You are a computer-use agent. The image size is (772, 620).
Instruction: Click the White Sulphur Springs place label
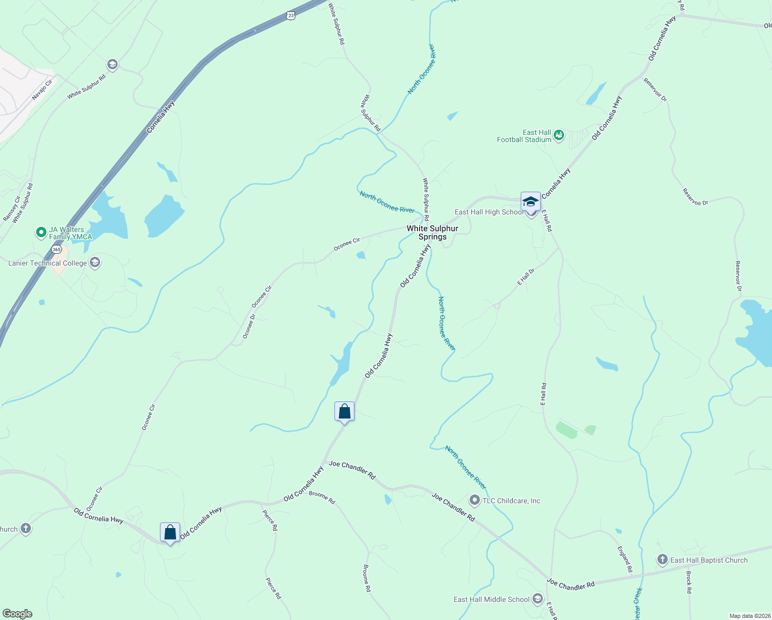(432, 233)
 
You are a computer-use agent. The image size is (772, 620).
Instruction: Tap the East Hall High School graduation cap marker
(530, 202)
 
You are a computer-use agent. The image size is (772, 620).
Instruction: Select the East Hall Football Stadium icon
(558, 136)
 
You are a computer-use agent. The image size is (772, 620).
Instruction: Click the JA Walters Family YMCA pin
(41, 233)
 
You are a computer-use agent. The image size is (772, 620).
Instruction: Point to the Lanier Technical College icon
(94, 262)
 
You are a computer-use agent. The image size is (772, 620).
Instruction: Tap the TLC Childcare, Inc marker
(474, 500)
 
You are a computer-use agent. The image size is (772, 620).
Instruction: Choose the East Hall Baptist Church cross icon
(662, 560)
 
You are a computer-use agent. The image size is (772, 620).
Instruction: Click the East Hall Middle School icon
(538, 599)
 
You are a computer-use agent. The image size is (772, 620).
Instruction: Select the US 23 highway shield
(291, 16)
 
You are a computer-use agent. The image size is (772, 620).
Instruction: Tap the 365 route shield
(56, 250)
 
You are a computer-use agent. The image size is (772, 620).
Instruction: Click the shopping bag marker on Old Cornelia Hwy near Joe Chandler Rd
(344, 412)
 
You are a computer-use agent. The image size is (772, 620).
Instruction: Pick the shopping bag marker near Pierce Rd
(170, 532)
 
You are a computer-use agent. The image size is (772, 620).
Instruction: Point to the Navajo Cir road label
(42, 90)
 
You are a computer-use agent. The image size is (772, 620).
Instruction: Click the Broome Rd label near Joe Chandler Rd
(322, 498)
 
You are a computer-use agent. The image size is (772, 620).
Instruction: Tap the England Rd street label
(625, 559)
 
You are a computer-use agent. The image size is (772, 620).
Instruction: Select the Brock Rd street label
(688, 581)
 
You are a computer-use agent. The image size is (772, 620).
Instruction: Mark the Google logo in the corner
(17, 613)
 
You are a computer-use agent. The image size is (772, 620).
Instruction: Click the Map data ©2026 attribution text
(749, 616)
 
